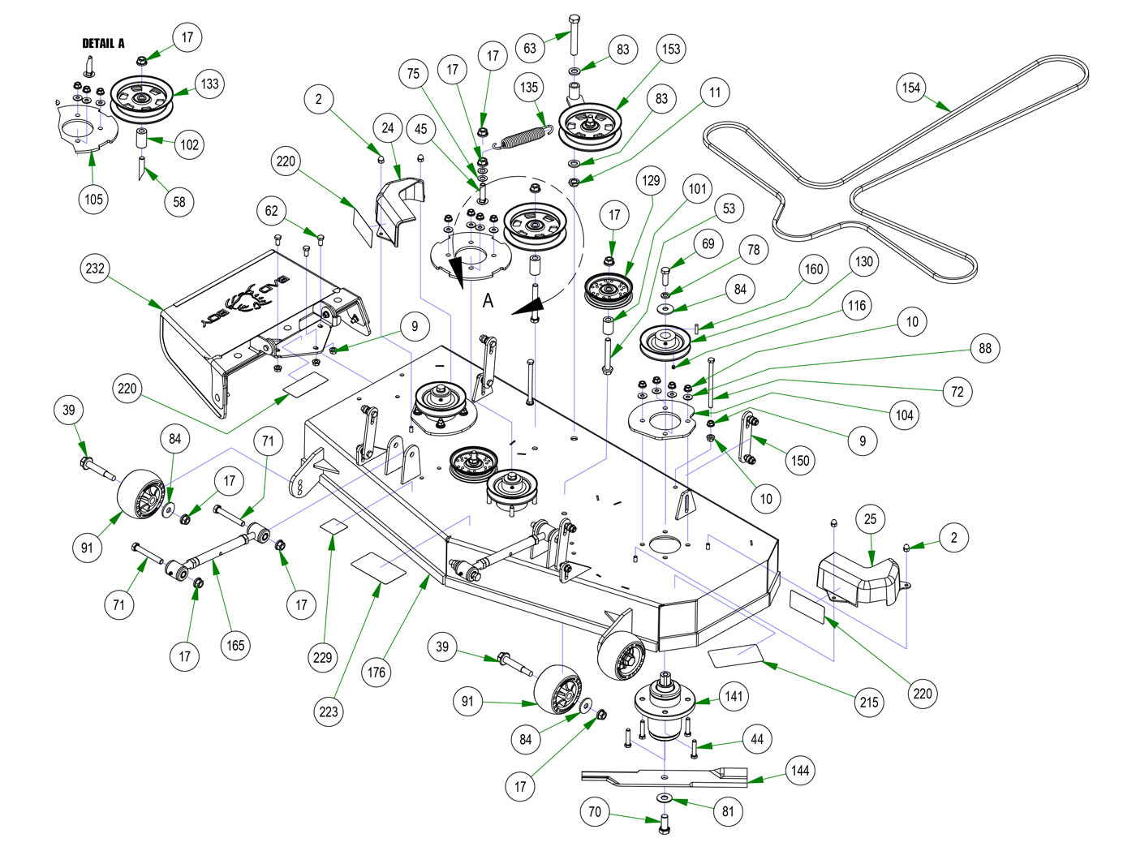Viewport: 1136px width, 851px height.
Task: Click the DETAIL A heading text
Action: (x=103, y=43)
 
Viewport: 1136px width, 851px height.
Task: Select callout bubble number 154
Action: (x=911, y=88)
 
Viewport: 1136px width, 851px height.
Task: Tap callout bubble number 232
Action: (x=95, y=269)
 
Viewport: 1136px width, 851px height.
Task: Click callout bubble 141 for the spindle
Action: (x=734, y=696)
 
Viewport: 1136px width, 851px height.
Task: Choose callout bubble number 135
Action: (x=529, y=87)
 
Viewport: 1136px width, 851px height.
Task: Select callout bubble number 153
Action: (x=671, y=49)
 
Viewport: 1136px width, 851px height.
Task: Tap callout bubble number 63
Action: (x=530, y=48)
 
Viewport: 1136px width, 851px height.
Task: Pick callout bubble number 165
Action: (x=235, y=646)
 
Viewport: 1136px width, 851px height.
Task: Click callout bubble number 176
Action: (x=377, y=672)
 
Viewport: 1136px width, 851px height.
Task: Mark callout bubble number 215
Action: (x=869, y=702)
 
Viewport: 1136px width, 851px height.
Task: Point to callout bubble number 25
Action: (x=871, y=519)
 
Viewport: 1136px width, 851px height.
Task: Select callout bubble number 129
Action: (x=651, y=180)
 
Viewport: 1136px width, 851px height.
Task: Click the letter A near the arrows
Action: (x=488, y=301)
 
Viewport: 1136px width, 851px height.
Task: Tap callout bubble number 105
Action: (x=94, y=199)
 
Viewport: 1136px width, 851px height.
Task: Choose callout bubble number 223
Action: (x=329, y=711)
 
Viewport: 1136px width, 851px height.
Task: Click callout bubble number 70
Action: (x=595, y=811)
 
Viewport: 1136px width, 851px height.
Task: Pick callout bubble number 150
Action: (x=800, y=460)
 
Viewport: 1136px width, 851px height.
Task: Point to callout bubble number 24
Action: (x=388, y=128)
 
